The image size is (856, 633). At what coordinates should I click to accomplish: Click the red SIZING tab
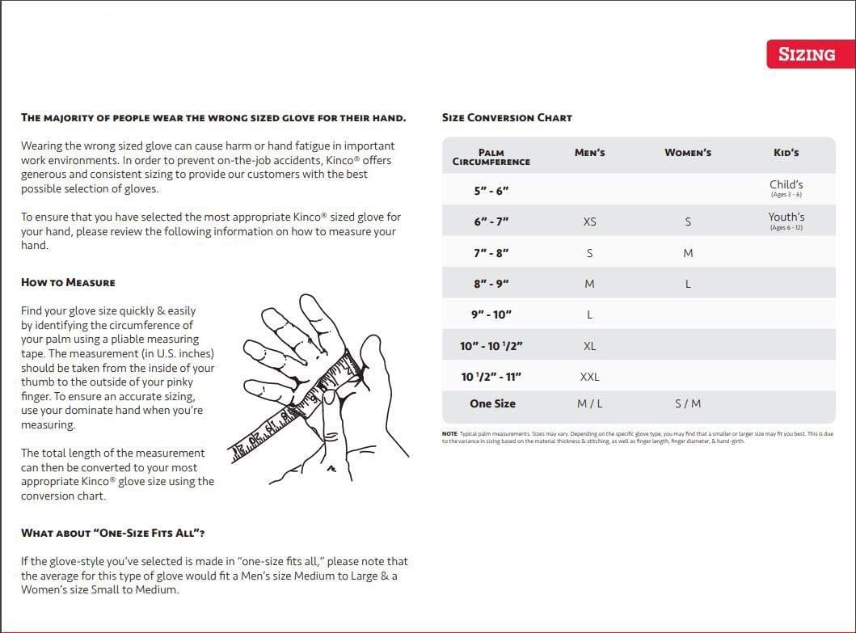[806, 54]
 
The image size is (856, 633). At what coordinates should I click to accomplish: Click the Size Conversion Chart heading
[507, 118]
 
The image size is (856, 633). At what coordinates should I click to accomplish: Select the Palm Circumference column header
[491, 157]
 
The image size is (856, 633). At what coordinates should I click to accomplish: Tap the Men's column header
[589, 153]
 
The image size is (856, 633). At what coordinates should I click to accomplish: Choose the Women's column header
[688, 153]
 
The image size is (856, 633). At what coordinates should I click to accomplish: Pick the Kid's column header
[786, 153]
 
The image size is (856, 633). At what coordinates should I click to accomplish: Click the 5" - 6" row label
[491, 192]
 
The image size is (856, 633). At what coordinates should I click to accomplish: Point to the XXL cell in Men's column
[589, 377]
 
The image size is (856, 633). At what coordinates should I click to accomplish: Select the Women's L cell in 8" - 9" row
[688, 284]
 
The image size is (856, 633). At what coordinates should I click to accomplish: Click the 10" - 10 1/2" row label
[491, 346]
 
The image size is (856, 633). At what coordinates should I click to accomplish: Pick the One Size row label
[492, 403]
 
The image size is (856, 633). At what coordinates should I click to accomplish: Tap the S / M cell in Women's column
[688, 403]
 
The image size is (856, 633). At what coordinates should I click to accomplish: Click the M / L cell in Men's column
[589, 403]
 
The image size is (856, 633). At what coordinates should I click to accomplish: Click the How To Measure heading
[68, 283]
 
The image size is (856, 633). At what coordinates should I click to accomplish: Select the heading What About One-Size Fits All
[112, 534]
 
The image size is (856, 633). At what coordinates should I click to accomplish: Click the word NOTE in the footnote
[449, 434]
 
